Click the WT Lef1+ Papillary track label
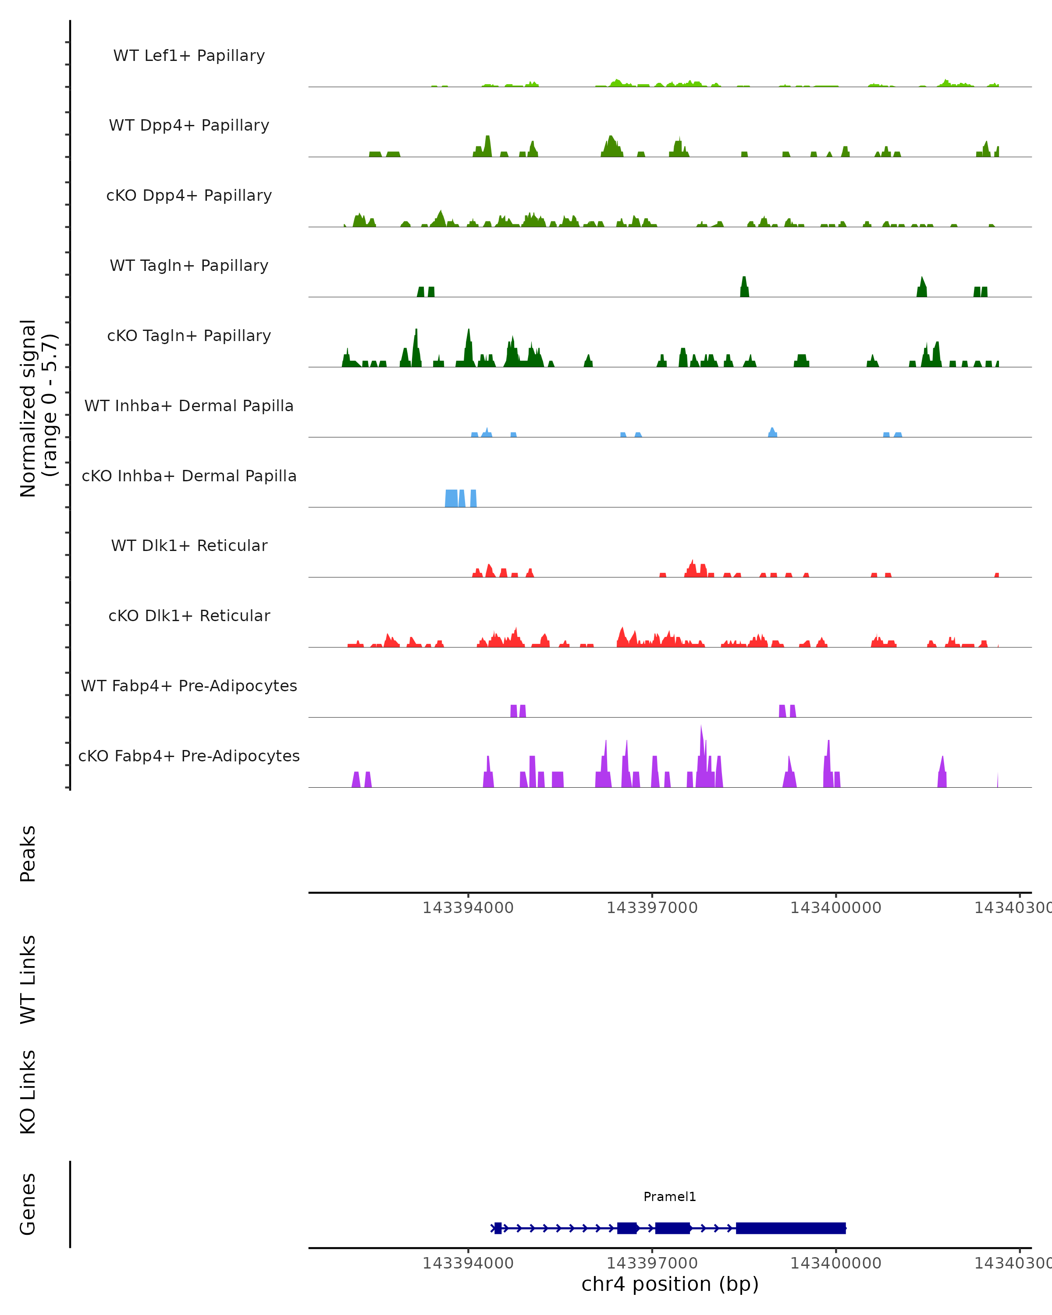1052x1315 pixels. (x=189, y=56)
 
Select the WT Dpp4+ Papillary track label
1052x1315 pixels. (x=189, y=126)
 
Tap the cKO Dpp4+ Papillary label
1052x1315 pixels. (x=189, y=196)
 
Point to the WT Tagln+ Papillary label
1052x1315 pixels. (x=189, y=266)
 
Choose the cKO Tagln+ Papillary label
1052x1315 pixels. (x=189, y=336)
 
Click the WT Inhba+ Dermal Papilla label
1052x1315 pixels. (x=189, y=406)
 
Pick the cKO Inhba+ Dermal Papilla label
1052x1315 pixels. (x=189, y=476)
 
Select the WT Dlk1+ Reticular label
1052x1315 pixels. (x=189, y=546)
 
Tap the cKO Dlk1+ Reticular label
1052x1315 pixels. (x=189, y=616)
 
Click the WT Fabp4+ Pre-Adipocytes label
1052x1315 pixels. (x=189, y=686)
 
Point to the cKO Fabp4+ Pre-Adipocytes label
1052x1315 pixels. (x=189, y=756)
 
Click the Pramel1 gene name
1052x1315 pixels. (x=670, y=1197)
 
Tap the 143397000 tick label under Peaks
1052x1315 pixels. (x=652, y=908)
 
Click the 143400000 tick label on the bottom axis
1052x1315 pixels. (x=835, y=1263)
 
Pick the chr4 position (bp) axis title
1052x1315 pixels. (x=670, y=1284)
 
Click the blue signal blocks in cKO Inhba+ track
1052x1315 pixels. (x=452, y=498)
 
